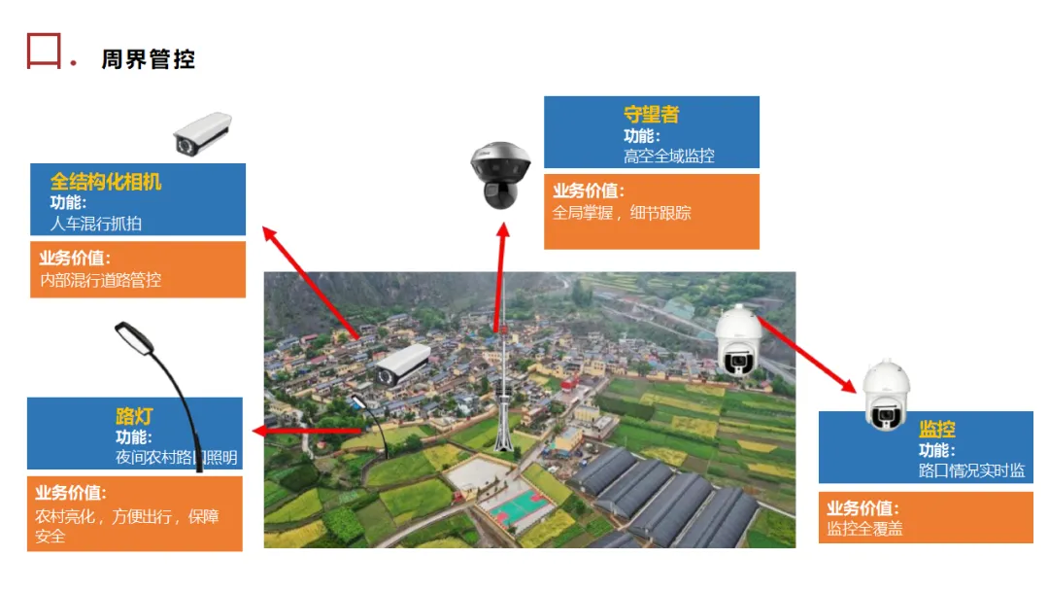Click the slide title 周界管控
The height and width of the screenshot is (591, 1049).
pyautogui.click(x=148, y=59)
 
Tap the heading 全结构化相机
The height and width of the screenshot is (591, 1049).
pyautogui.click(x=106, y=182)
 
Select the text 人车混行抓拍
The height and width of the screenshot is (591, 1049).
pyautogui.click(x=95, y=224)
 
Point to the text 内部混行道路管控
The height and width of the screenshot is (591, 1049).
pyautogui.click(x=100, y=280)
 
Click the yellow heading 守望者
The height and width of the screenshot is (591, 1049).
pyautogui.click(x=651, y=115)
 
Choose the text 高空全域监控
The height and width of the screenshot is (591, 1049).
pyautogui.click(x=669, y=156)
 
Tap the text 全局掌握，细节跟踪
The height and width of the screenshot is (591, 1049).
pyautogui.click(x=622, y=213)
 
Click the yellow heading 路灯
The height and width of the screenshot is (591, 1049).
pyautogui.click(x=136, y=417)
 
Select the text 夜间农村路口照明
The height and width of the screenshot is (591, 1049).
pyautogui.click(x=176, y=457)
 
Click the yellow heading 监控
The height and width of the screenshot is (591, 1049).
pyautogui.click(x=937, y=430)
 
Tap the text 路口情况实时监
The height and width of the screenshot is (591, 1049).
pyautogui.click(x=971, y=470)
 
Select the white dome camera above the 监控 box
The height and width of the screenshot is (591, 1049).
pyautogui.click(x=886, y=395)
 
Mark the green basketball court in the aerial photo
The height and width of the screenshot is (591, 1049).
pyautogui.click(x=515, y=504)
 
